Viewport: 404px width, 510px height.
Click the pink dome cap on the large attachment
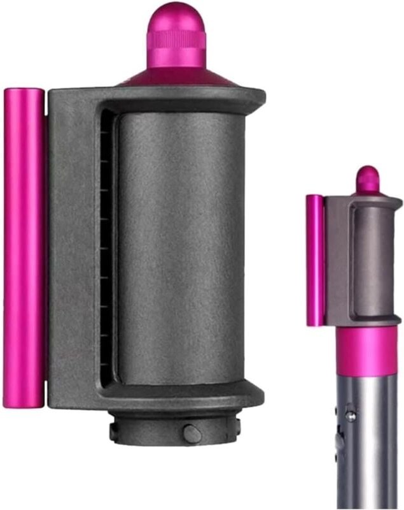coord(176,22)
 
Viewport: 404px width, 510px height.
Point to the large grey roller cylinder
coord(181,249)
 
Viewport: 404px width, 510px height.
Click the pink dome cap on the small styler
coord(367,178)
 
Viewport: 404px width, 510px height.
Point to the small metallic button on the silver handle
coord(349,415)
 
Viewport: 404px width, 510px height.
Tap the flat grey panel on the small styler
coord(333,261)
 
